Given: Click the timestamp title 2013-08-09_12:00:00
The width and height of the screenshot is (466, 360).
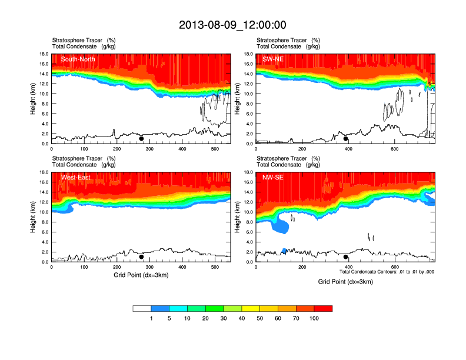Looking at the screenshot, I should coord(232,25).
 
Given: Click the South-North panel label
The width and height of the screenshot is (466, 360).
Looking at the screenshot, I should coord(78,59).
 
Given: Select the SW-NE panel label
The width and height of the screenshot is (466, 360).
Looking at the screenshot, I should coord(274,59).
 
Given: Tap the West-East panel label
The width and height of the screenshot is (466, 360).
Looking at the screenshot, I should coord(75,178).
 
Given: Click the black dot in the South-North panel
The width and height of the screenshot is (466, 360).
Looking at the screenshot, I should coord(141,139).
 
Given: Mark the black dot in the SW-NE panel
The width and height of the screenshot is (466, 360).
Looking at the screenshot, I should coord(346,139).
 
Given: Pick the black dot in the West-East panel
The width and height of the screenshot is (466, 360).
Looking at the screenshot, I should coord(141,257).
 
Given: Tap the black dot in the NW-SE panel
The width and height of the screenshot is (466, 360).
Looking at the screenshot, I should coord(346,257).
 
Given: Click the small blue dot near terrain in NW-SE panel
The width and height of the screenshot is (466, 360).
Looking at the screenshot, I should coord(284,251).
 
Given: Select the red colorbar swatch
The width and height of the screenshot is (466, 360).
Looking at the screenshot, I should coord(323,308).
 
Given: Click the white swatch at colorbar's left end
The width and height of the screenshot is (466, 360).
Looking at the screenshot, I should coord(142,308).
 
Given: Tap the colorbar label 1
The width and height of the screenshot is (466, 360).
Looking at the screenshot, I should coord(151,318).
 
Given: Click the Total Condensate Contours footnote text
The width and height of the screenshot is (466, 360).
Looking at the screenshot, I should coord(387,272).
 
